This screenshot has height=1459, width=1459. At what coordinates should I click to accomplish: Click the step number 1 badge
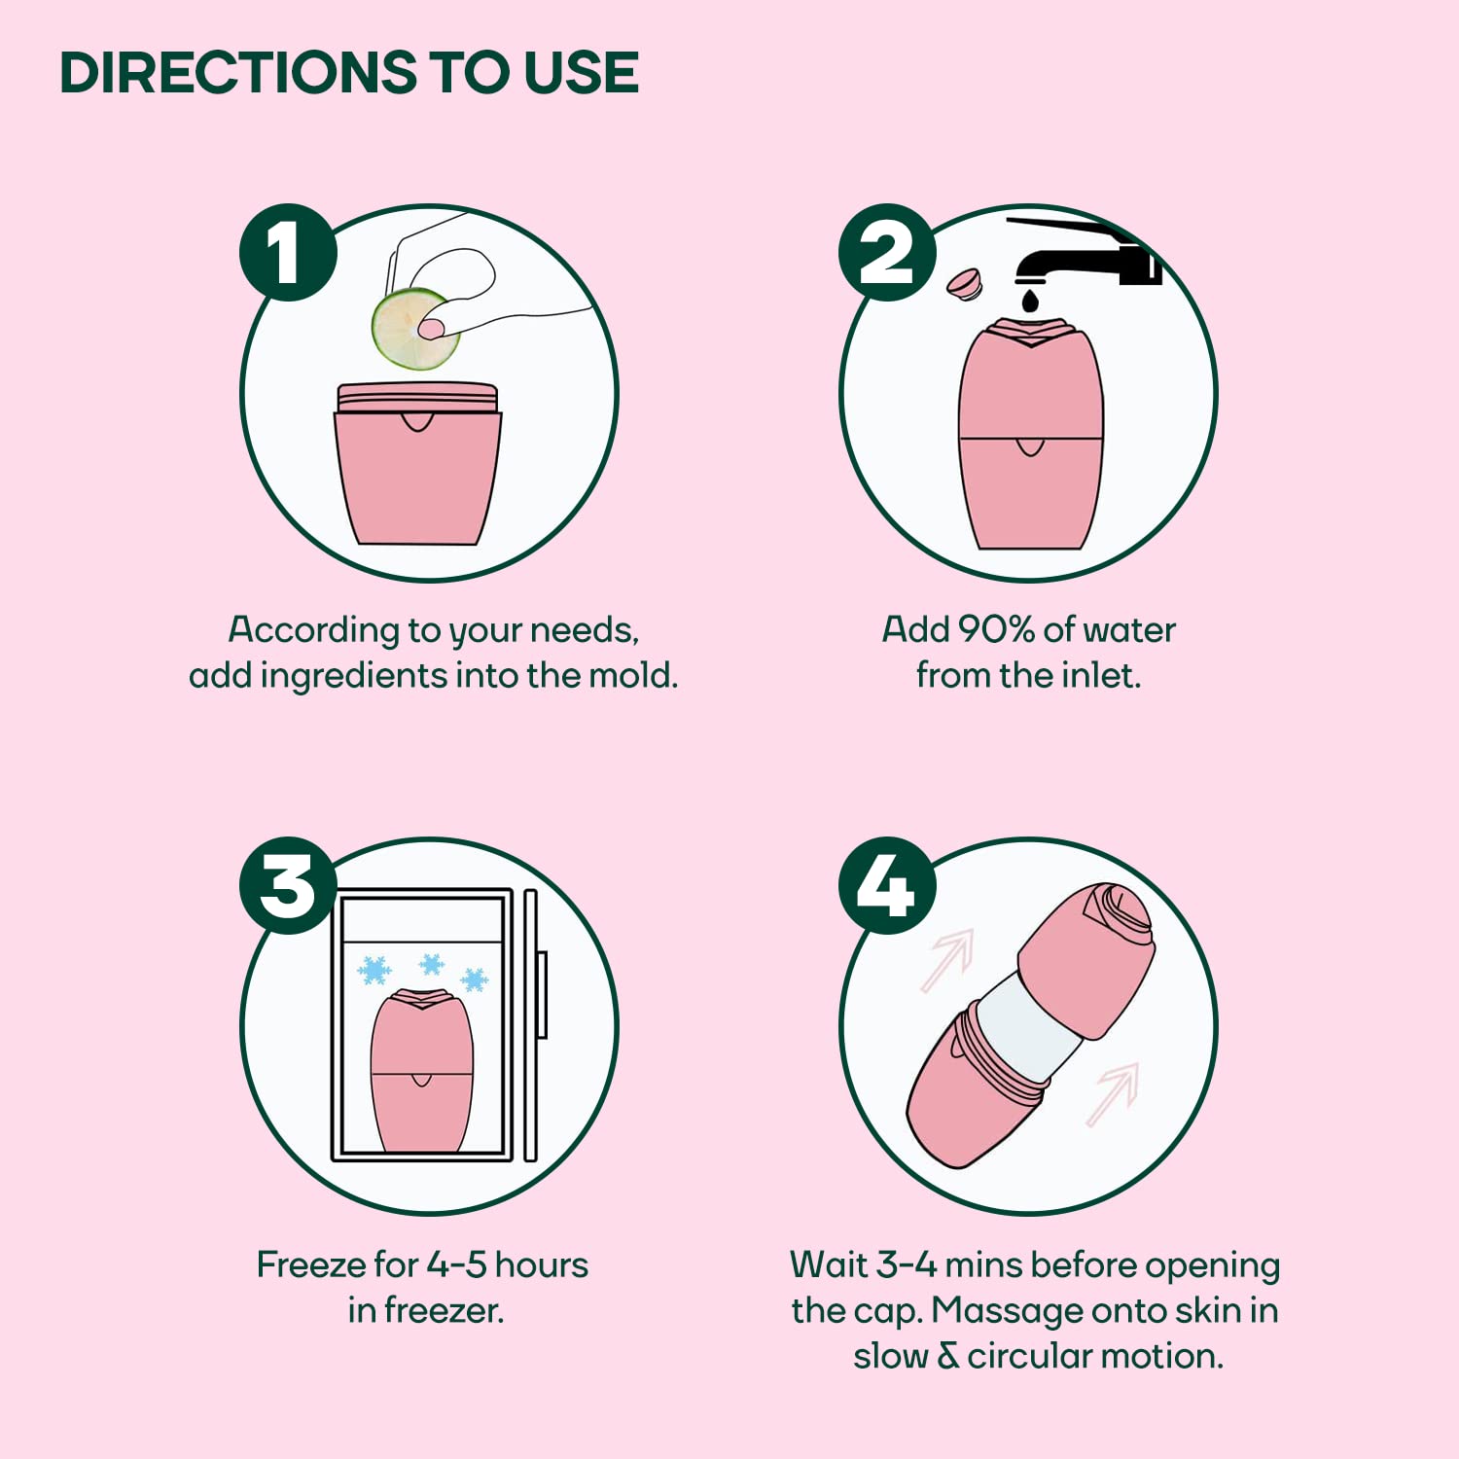click(288, 253)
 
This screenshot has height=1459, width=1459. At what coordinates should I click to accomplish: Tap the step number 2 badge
click(887, 253)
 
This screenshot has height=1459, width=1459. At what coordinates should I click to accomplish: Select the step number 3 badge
click(288, 886)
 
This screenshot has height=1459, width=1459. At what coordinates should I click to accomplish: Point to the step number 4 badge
click(887, 886)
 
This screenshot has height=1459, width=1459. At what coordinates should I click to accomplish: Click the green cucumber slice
click(415, 330)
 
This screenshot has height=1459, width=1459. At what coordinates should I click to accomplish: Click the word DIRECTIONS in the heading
click(239, 73)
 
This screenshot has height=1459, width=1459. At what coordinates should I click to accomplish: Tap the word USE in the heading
click(581, 73)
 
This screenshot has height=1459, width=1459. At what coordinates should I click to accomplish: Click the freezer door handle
click(542, 995)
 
